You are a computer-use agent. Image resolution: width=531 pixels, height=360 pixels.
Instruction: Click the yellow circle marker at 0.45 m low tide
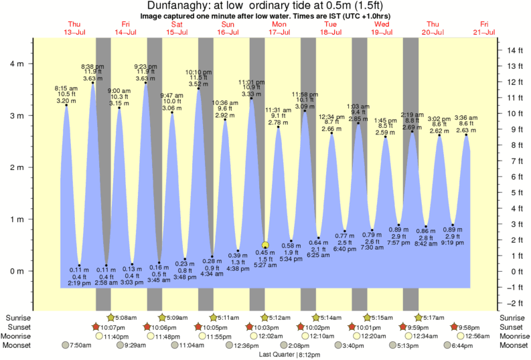265,245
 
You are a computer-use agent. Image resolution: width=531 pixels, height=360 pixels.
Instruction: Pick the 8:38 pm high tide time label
92,67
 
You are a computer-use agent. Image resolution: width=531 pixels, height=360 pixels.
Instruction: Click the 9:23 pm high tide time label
145,67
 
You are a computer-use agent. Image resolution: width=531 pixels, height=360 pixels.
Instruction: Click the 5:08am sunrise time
126,317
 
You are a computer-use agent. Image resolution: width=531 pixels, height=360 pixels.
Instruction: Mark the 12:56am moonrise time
478,336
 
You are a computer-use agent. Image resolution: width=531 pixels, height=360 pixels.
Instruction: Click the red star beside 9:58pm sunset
455,327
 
